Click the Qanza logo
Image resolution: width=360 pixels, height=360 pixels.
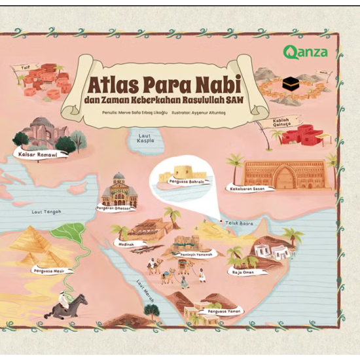305,52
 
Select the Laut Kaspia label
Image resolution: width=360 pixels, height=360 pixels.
145,139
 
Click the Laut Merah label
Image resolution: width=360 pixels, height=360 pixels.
145,288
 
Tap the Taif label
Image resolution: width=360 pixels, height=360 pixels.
24,67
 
